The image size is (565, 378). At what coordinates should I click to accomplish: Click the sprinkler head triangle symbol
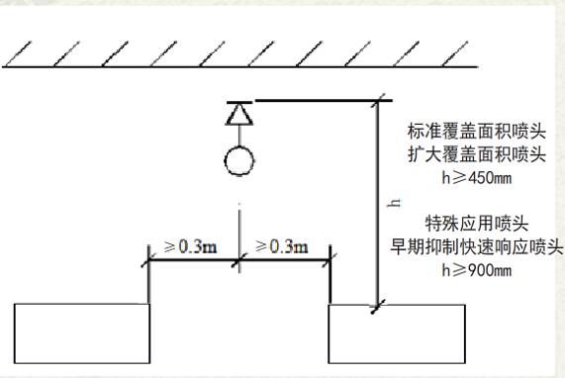(239, 115)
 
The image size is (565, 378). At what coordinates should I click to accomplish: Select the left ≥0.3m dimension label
(190, 246)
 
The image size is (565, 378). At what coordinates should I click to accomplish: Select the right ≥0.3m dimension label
(282, 246)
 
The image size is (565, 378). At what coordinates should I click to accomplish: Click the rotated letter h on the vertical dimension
(394, 203)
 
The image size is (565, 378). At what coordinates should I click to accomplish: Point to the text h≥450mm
(477, 178)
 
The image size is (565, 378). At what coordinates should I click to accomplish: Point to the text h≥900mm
(477, 270)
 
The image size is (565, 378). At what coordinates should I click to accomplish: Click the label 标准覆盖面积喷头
(477, 132)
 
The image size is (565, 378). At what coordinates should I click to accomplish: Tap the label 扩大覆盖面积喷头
(477, 154)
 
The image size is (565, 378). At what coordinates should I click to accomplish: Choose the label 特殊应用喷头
(477, 224)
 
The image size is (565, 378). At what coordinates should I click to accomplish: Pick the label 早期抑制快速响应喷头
(477, 246)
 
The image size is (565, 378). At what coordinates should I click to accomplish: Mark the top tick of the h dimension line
(378, 101)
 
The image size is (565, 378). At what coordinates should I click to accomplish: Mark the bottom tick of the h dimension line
(378, 307)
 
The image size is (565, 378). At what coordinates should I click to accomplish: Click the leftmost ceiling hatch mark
(18, 53)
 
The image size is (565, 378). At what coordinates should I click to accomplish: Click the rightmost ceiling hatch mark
(455, 53)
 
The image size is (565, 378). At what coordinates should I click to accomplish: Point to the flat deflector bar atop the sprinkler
(239, 103)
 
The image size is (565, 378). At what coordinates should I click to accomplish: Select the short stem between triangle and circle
(239, 136)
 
